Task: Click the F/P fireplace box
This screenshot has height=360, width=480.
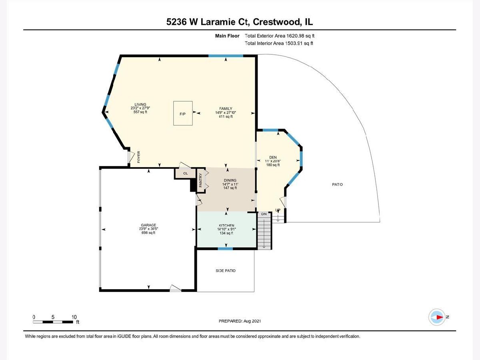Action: (x=183, y=113)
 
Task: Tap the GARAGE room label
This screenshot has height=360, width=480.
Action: (x=148, y=225)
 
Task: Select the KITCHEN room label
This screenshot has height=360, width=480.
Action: (x=226, y=225)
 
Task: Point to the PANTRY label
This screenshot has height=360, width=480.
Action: (x=201, y=180)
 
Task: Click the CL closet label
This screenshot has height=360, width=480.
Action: (x=186, y=173)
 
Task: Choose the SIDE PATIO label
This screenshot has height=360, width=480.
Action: (x=226, y=271)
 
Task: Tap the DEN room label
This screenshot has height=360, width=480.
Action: (x=273, y=157)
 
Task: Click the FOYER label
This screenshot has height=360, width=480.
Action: (x=139, y=157)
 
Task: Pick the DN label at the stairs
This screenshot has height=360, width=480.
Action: (x=264, y=214)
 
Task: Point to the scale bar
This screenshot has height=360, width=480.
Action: (x=53, y=322)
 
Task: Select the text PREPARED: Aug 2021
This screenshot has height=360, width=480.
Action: (x=240, y=321)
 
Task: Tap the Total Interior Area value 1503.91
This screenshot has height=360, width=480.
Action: (x=294, y=43)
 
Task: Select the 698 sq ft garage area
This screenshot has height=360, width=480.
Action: (x=148, y=233)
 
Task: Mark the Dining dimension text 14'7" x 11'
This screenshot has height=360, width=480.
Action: (x=230, y=184)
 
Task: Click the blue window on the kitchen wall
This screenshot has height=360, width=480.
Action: (x=225, y=248)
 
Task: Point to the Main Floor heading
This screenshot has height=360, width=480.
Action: (x=227, y=36)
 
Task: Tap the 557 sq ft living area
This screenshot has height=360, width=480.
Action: (x=140, y=112)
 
